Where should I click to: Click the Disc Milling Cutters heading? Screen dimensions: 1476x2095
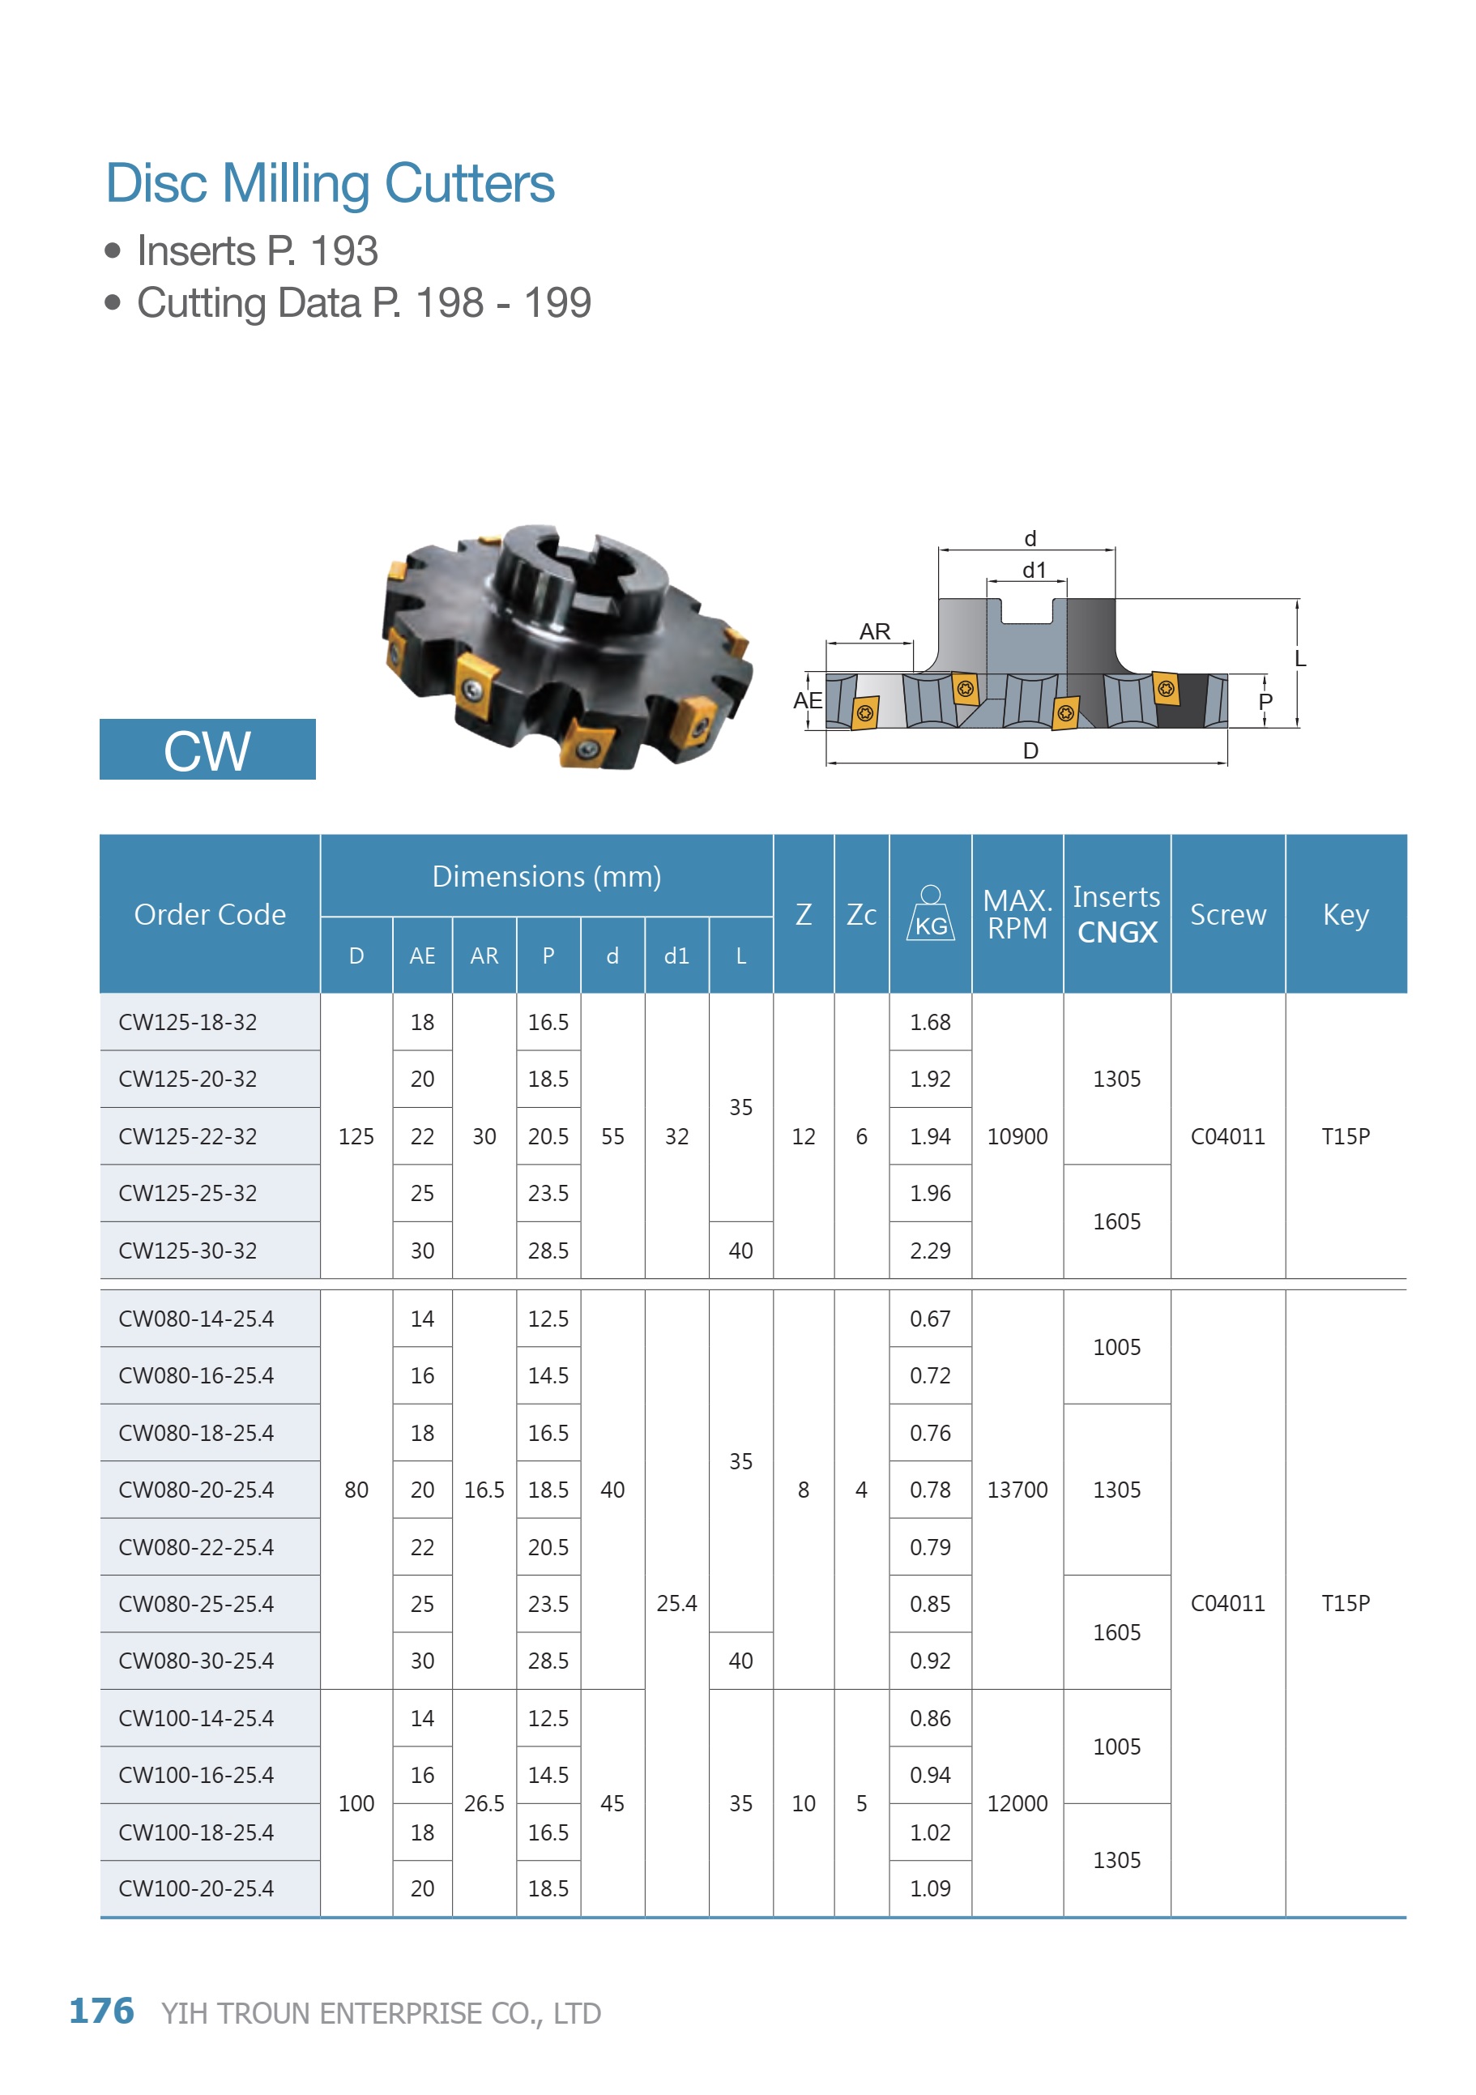click(330, 183)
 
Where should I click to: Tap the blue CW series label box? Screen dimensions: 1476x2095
click(207, 749)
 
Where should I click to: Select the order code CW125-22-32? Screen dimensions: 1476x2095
click(188, 1136)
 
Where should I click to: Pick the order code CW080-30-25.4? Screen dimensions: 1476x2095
click(196, 1661)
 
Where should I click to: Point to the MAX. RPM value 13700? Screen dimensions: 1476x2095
click(1017, 1490)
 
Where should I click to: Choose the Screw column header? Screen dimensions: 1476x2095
click(1228, 914)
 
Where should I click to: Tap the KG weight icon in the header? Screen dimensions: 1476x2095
click(931, 913)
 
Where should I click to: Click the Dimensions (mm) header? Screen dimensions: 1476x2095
click(547, 876)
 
